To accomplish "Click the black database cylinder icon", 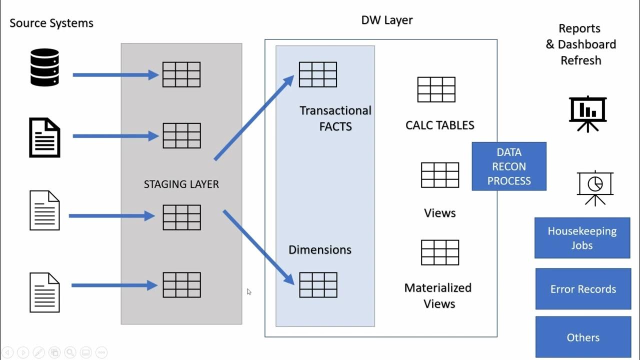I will (x=44, y=67).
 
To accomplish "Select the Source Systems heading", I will (x=51, y=23).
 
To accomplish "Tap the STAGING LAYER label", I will (x=181, y=184).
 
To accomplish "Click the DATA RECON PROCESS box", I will (x=508, y=166).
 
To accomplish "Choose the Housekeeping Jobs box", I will (x=582, y=238).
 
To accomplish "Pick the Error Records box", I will (x=583, y=289).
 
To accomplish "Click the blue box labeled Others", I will (x=583, y=337).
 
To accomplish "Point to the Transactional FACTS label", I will (x=335, y=118).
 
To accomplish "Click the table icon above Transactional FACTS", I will (x=318, y=74).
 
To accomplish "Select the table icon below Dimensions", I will (x=318, y=285).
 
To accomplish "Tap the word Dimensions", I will (x=320, y=250).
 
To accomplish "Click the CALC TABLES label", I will (x=439, y=125).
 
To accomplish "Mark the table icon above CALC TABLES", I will (x=436, y=89).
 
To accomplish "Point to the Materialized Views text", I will (x=438, y=295).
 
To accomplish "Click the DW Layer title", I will (x=386, y=20).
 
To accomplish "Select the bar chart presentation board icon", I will (x=587, y=113).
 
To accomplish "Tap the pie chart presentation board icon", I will (x=594, y=187).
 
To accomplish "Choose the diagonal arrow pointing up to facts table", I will (x=254, y=118).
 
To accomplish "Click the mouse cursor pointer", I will (x=249, y=291).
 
